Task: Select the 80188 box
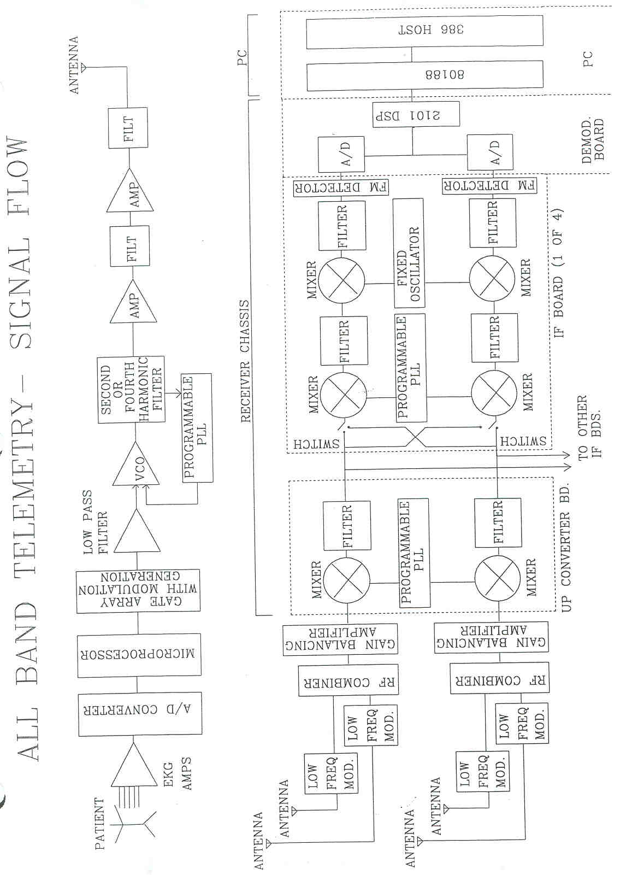pyautogui.click(x=424, y=75)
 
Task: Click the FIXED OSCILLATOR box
pyautogui.click(x=409, y=253)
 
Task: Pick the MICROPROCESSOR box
pyautogui.click(x=139, y=654)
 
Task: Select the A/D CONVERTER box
pyautogui.click(x=139, y=710)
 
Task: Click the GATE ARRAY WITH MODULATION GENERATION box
pyautogui.click(x=139, y=590)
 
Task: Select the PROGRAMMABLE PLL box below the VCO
pyautogui.click(x=197, y=428)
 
